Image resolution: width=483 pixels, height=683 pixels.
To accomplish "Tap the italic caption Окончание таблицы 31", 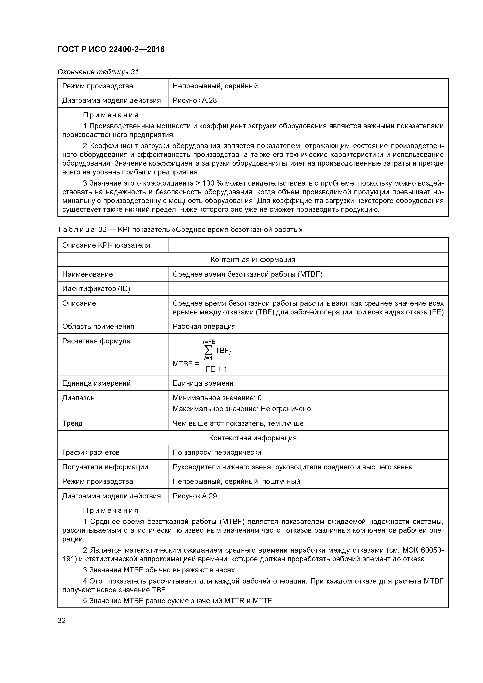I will tap(98, 72).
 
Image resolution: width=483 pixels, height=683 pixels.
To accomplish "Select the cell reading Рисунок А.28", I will tap(195, 100).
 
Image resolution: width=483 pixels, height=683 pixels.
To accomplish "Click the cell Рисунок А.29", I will tap(195, 496).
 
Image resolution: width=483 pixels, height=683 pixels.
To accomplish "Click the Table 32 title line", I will tap(180, 229).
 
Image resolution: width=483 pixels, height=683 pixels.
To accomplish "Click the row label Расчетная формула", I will tap(96, 341).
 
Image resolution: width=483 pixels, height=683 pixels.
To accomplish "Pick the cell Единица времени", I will tap(203, 383).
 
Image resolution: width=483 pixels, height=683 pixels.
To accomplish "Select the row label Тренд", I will tap(72, 423).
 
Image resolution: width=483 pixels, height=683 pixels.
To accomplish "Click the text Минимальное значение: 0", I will tap(217, 398).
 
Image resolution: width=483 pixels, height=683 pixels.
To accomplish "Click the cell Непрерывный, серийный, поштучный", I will tap(236, 481).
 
